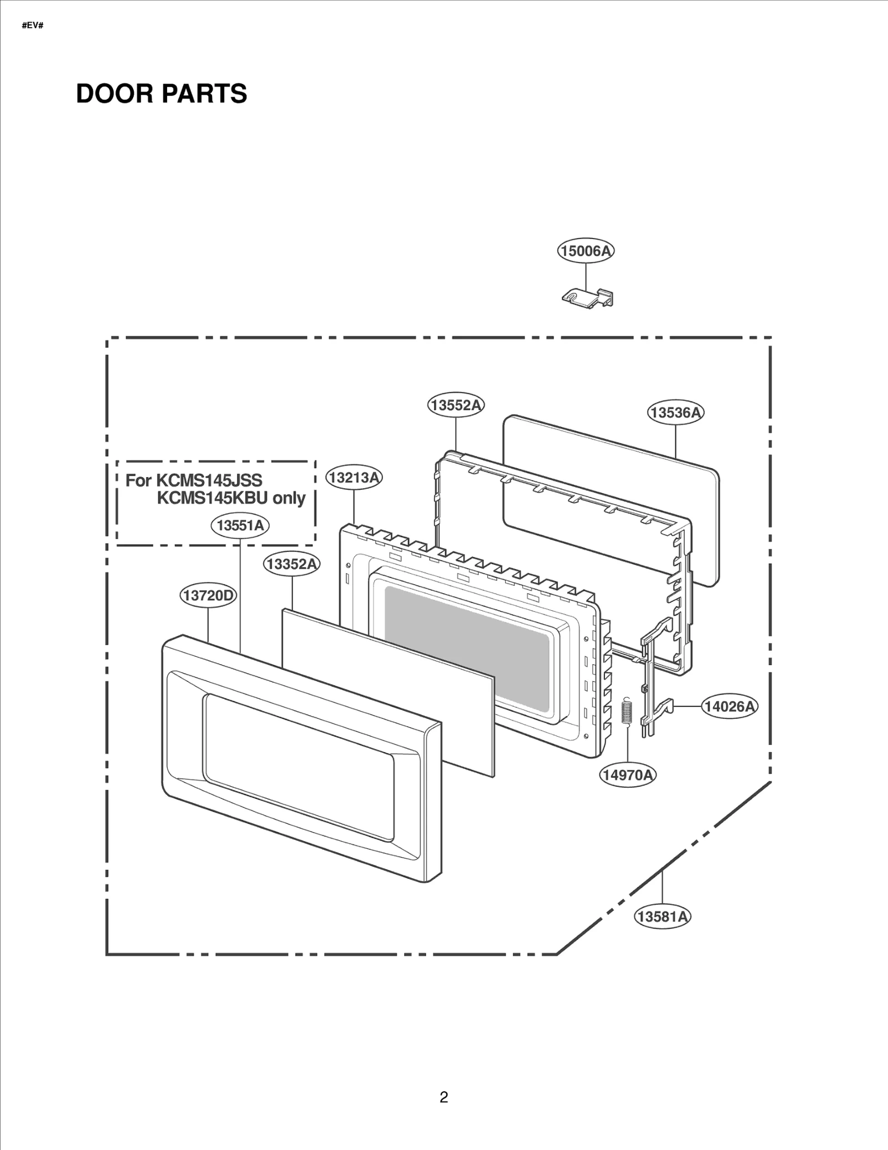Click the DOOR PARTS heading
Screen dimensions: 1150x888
click(x=161, y=93)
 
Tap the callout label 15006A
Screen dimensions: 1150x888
click(x=586, y=251)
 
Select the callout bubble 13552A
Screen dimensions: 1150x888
click(x=456, y=405)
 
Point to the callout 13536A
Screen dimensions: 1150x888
click(x=675, y=413)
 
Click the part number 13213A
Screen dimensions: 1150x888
click(x=354, y=477)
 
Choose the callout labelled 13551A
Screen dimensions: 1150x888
click(x=240, y=525)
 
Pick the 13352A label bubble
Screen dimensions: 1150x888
click(x=291, y=564)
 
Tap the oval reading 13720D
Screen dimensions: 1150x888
click(x=209, y=596)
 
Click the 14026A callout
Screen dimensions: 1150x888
click(x=729, y=706)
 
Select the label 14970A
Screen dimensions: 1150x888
click(x=628, y=775)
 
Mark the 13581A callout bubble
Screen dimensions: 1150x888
click(x=663, y=916)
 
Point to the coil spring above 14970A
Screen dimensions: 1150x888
click(x=627, y=711)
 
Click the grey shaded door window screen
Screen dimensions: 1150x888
click(x=466, y=649)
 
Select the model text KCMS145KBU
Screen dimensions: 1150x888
click(x=212, y=498)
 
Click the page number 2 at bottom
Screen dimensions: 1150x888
click(x=443, y=1097)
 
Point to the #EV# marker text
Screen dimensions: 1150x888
click(x=32, y=26)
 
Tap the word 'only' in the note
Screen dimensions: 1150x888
click(x=289, y=498)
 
